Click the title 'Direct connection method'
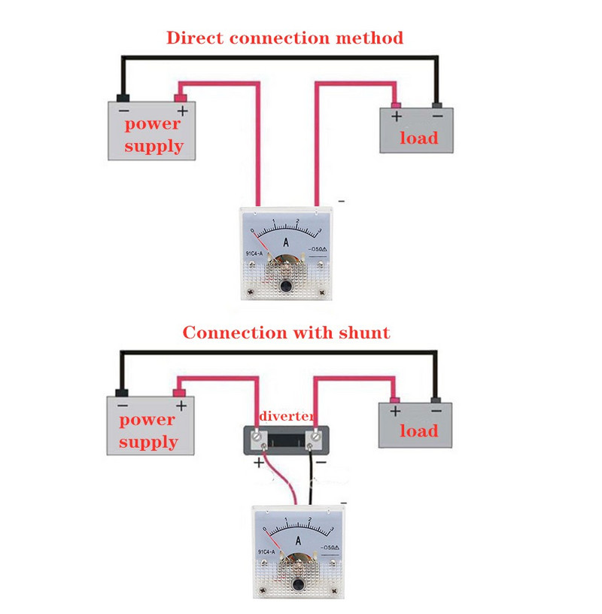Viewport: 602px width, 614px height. [x=284, y=38]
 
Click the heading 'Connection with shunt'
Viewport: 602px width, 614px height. [x=286, y=333]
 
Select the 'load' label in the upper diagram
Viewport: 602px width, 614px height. [x=418, y=138]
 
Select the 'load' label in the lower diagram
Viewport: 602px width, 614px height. [x=418, y=431]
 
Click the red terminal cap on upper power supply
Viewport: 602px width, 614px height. [x=181, y=97]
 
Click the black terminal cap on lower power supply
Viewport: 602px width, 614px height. [x=121, y=392]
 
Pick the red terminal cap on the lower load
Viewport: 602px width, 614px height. [x=394, y=398]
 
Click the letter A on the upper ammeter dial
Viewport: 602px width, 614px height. [x=286, y=242]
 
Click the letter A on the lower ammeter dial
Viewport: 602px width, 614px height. [x=299, y=540]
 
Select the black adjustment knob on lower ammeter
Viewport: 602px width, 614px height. [x=299, y=584]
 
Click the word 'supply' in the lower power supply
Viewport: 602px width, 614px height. [x=147, y=442]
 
